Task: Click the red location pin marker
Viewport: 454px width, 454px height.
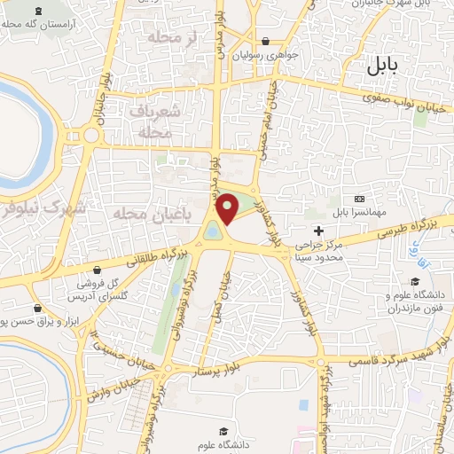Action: click(x=228, y=208)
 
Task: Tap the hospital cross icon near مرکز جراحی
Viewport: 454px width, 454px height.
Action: click(x=319, y=205)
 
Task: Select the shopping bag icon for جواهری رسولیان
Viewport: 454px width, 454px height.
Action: click(x=266, y=41)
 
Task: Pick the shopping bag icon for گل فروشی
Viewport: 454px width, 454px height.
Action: click(x=97, y=270)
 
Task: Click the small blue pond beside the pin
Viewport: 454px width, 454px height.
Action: click(x=214, y=232)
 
